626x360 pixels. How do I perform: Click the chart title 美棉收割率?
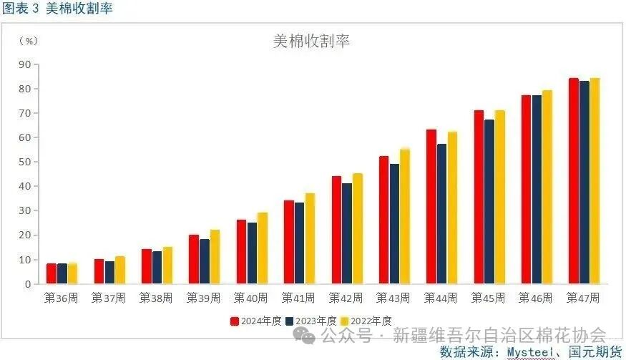tap(312, 41)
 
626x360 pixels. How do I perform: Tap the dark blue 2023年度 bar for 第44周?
tap(442, 214)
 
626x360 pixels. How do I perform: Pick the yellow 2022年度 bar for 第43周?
tap(405, 216)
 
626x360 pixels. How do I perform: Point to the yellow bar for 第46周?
tap(547, 188)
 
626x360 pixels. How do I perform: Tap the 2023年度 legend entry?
tap(312, 321)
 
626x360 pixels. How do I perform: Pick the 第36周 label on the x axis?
tap(61, 298)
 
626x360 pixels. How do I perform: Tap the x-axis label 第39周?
tap(203, 298)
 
